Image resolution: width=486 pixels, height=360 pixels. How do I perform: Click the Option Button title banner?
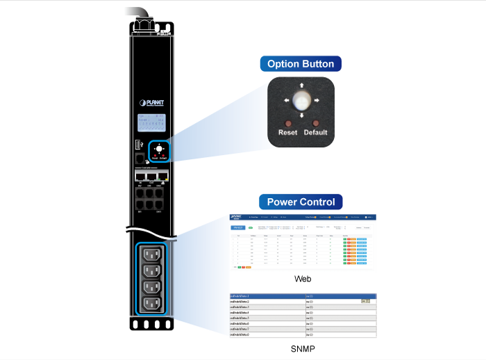pyautogui.click(x=301, y=64)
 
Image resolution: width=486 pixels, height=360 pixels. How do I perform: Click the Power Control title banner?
pyautogui.click(x=301, y=202)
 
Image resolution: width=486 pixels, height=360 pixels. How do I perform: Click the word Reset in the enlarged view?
pyautogui.click(x=287, y=132)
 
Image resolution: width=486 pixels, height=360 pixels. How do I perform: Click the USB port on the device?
pyautogui.click(x=138, y=145)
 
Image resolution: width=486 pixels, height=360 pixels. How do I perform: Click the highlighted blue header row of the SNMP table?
pyautogui.click(x=303, y=296)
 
